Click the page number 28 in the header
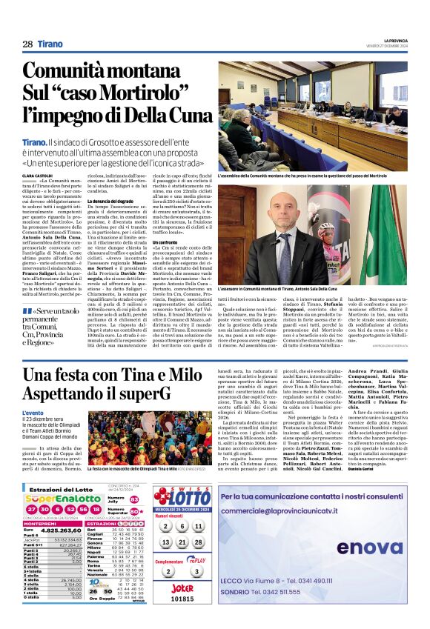pos(27,44)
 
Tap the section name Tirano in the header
pos(50,44)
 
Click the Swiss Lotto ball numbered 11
pos(199,525)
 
